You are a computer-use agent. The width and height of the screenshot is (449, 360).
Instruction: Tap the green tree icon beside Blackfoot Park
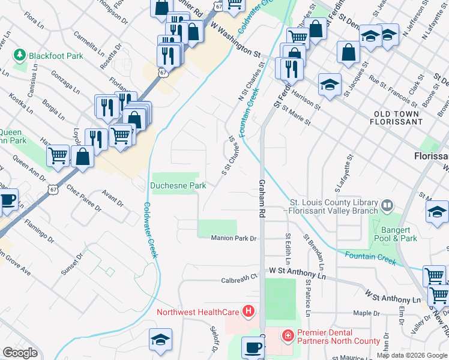[20, 55]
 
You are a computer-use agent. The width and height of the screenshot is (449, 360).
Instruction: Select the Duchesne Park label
[178, 186]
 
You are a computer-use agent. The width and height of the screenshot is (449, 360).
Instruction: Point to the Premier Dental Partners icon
[288, 334]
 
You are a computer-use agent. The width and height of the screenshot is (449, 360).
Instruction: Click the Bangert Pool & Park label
[397, 234]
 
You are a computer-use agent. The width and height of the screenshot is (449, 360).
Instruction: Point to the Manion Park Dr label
[234, 238]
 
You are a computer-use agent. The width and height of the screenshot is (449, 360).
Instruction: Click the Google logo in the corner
[20, 352]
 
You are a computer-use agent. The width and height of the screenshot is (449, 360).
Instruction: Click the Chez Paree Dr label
[85, 198]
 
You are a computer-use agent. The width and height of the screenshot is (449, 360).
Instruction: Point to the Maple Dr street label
[380, 313]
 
